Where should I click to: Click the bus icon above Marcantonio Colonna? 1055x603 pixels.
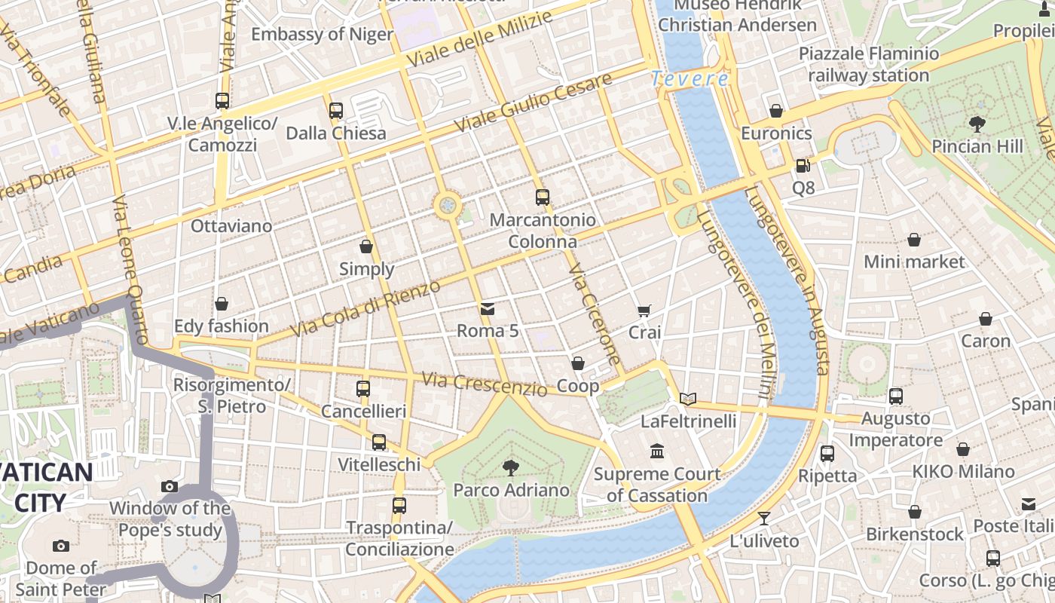pos(543,197)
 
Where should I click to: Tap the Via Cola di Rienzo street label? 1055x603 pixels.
pos(365,310)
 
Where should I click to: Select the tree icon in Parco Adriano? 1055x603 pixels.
pos(511,467)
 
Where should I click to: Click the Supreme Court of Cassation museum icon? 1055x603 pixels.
pos(657,451)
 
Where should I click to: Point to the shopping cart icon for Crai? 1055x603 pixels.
pos(644,310)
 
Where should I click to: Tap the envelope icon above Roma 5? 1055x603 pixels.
pos(488,308)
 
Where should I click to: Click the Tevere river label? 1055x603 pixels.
pos(690,78)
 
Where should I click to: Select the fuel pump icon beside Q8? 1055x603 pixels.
pos(803,165)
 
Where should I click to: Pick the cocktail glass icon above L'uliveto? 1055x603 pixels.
pos(764,518)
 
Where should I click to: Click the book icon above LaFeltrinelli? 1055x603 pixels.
pos(687,399)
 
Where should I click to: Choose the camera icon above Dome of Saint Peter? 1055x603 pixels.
pos(61,546)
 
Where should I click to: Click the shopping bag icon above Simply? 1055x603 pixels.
pos(366,246)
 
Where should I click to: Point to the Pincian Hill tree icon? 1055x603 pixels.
pos(977,124)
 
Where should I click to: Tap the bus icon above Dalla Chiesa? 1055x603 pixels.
pos(336,111)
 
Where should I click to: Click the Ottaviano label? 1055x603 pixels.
pos(231,226)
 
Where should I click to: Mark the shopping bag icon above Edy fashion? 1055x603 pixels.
pos(222,304)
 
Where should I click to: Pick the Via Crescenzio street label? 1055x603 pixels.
pos(484,384)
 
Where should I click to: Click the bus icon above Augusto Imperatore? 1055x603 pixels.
pos(896,396)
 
